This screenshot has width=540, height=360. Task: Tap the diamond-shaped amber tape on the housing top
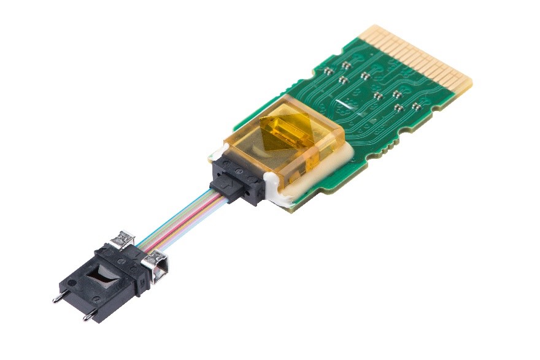coord(284,131)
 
